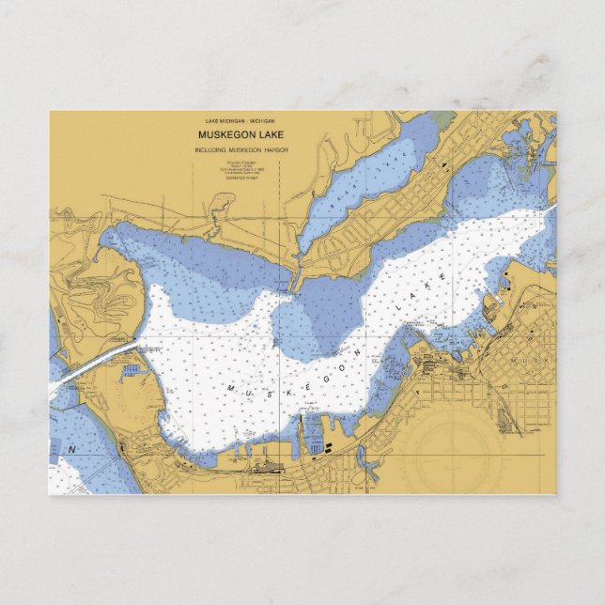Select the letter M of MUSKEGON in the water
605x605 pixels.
(x=227, y=385)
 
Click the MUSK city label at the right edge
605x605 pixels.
(x=532, y=360)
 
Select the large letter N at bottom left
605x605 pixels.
(x=71, y=451)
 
